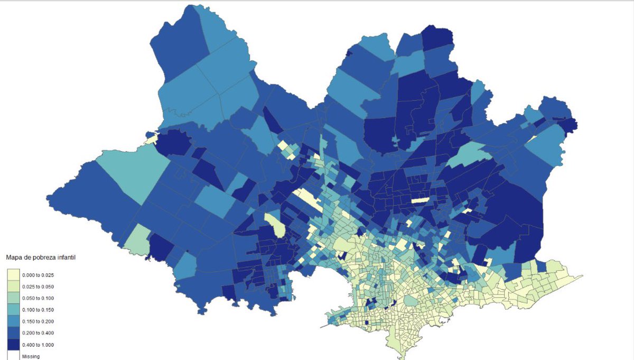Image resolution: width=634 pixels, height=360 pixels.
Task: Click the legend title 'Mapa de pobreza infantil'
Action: tap(42, 258)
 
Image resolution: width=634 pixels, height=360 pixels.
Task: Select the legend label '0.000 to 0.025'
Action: tap(38, 275)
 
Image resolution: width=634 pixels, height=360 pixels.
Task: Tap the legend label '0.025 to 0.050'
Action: tap(38, 287)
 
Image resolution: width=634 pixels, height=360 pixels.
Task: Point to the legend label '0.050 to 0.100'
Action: tap(38, 299)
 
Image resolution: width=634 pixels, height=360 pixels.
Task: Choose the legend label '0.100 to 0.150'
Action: tap(38, 310)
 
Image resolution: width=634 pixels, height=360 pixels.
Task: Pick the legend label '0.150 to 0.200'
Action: tap(38, 321)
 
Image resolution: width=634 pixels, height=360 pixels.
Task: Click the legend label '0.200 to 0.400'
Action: tap(38, 333)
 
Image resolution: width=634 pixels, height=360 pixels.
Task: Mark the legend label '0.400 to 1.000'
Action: tap(38, 345)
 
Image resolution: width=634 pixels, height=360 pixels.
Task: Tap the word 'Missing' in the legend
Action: tap(31, 356)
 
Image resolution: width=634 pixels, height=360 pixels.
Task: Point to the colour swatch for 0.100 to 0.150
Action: tap(13, 310)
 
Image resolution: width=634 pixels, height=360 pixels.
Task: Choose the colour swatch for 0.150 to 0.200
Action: tap(13, 321)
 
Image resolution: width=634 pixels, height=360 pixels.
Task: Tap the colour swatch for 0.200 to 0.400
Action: tap(13, 333)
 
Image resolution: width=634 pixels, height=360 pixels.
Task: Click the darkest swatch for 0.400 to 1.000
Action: tap(13, 345)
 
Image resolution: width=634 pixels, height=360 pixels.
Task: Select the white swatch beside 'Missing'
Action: tap(13, 356)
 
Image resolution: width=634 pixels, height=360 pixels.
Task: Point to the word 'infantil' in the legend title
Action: tap(68, 258)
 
